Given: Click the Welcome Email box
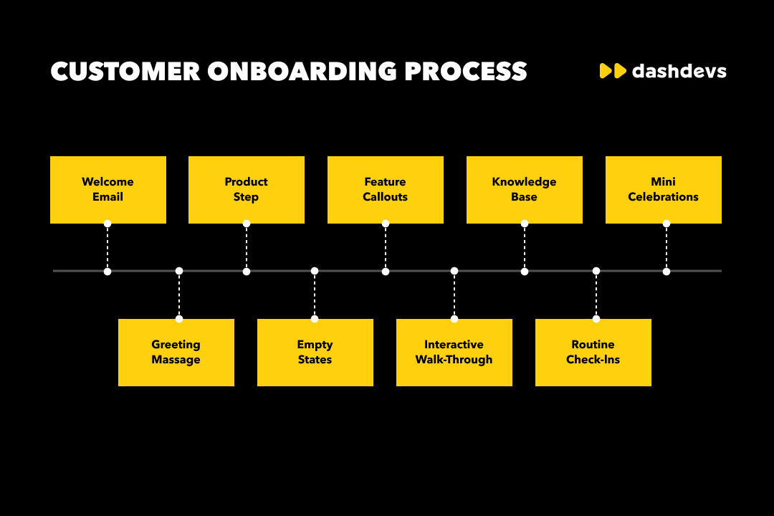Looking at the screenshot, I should (x=107, y=189).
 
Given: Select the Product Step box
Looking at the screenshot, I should (x=246, y=189).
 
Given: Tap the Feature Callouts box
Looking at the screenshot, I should (x=385, y=189).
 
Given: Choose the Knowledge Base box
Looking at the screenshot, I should (x=524, y=189).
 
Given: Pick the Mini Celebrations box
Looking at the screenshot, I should (x=663, y=189).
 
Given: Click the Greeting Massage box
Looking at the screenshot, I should (x=176, y=352).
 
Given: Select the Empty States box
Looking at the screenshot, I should (x=315, y=352).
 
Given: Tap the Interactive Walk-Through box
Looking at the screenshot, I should (x=454, y=352).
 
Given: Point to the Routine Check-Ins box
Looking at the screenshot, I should (x=593, y=352).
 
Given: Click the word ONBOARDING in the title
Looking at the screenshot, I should (x=302, y=72).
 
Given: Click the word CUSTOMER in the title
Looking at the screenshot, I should (x=125, y=72).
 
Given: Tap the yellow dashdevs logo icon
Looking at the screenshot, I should (x=613, y=71).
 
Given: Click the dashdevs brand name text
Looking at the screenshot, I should (x=679, y=71).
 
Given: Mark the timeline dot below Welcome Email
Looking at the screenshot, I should (x=107, y=272).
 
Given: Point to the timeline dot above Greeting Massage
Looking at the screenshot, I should (x=179, y=271).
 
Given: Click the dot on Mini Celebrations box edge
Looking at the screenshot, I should (x=666, y=224).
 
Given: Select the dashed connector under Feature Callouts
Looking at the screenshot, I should (x=386, y=247).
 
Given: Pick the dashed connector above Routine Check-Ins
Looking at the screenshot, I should (x=596, y=295).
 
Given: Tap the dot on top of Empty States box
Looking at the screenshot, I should (x=315, y=319).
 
